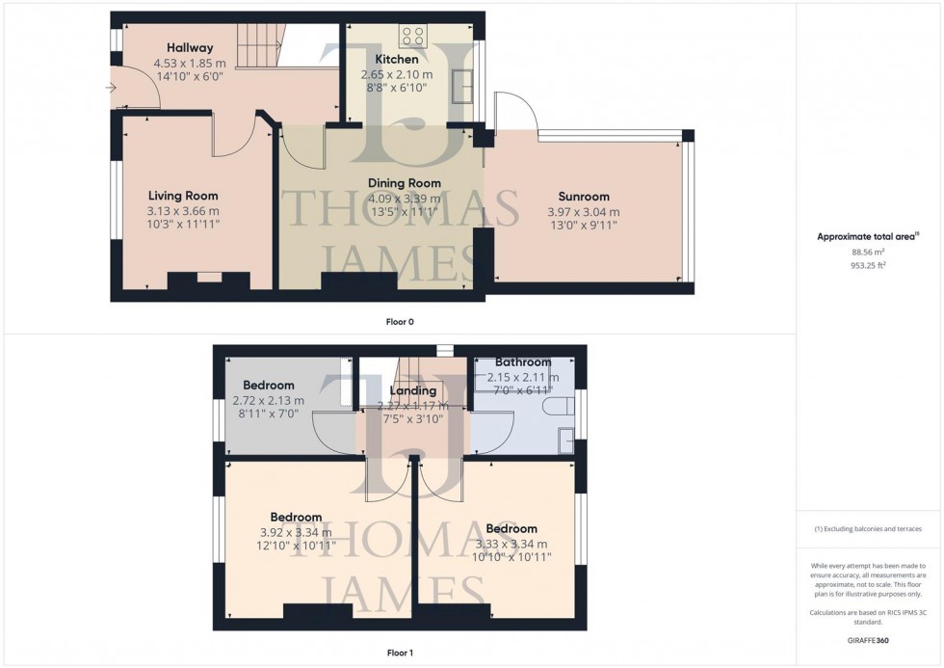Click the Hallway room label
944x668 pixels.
pyautogui.click(x=189, y=47)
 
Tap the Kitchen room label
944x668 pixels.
pyautogui.click(x=396, y=60)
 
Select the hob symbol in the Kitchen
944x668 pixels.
pyautogui.click(x=412, y=36)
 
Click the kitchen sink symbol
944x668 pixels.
pyautogui.click(x=463, y=85)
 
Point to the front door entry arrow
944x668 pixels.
pyautogui.click(x=113, y=89)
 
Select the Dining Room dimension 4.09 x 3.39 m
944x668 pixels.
pyautogui.click(x=405, y=198)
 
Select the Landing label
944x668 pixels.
pyautogui.click(x=413, y=390)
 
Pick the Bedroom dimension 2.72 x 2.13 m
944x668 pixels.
pyautogui.click(x=268, y=400)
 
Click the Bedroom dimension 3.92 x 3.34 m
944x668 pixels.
pyautogui.click(x=295, y=532)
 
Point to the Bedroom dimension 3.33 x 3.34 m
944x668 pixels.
pyautogui.click(x=511, y=544)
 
